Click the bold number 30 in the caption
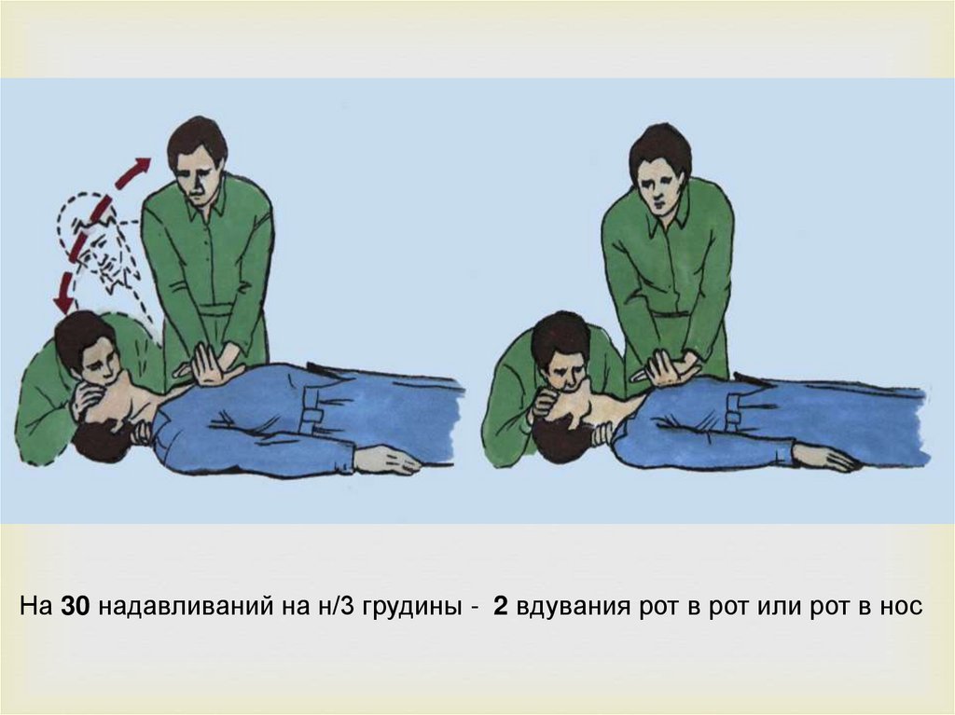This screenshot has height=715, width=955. [x=76, y=606]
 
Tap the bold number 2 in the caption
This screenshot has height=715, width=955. [x=501, y=606]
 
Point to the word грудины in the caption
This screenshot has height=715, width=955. [x=410, y=608]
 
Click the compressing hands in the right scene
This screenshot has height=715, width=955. [x=667, y=368]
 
